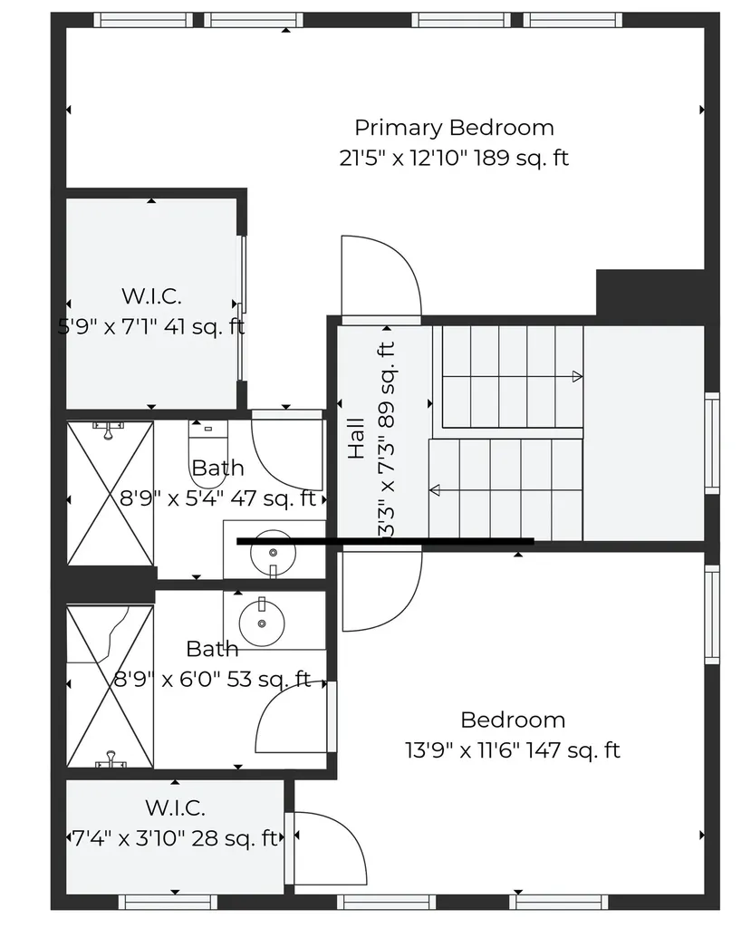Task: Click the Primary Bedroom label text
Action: [454, 128]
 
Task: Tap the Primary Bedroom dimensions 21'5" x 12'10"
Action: [454, 158]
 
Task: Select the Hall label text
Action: [356, 437]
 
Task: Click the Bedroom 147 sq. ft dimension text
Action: [513, 750]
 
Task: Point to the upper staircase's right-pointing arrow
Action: [575, 375]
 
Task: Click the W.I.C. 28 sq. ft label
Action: [175, 823]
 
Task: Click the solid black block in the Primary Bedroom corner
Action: [649, 292]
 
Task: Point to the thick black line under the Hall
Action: [385, 541]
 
